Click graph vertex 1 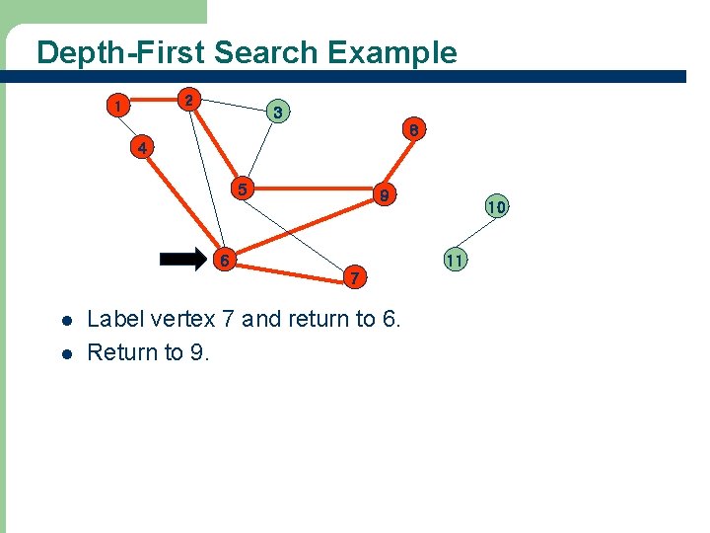[x=118, y=105]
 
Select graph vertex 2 [x=189, y=100]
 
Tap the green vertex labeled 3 [x=278, y=113]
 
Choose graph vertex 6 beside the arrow [x=226, y=261]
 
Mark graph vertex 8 [x=415, y=129]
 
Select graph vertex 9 [x=387, y=196]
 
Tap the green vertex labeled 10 [x=495, y=207]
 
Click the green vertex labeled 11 [x=454, y=261]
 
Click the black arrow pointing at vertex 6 [x=183, y=260]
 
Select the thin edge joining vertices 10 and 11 [x=475, y=234]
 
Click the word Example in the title [x=394, y=52]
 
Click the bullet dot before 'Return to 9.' [x=66, y=353]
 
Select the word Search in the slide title [x=265, y=52]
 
